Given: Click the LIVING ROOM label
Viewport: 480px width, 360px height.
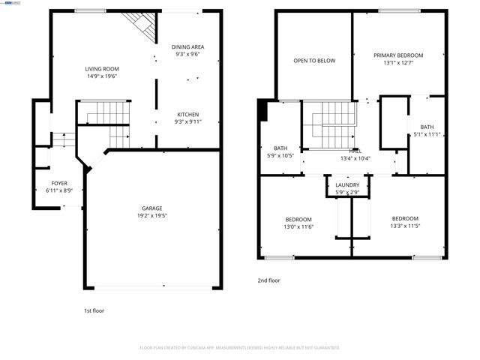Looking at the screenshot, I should tap(101, 68).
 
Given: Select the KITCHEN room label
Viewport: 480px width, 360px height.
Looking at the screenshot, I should tap(187, 114).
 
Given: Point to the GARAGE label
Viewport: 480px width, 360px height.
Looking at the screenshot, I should tap(151, 208).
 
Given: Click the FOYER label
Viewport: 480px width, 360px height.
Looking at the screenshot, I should tap(58, 183).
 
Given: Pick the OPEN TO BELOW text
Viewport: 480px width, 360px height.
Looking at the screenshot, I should tap(314, 61).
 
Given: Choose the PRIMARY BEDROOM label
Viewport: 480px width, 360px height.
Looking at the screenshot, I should tap(398, 55).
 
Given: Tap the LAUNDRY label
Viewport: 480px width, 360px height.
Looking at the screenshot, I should tap(347, 184).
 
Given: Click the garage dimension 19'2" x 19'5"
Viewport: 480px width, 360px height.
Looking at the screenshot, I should tap(151, 216).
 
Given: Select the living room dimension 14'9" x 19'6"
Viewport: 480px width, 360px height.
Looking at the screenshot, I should tap(101, 76).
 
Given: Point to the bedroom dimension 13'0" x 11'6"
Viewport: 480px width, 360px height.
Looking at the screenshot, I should tap(298, 226).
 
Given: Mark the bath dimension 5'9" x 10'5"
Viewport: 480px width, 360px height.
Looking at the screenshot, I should tap(280, 155).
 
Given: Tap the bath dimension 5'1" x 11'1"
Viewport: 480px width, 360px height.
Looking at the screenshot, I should tap(427, 134).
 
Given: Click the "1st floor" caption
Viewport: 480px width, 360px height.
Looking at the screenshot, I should tap(94, 310).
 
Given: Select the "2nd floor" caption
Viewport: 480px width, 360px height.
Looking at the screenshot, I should tap(268, 280).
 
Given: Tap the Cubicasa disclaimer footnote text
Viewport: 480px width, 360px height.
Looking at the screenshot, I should tap(240, 348).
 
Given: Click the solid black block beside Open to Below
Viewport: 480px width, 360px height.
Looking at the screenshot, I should tap(261, 111).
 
